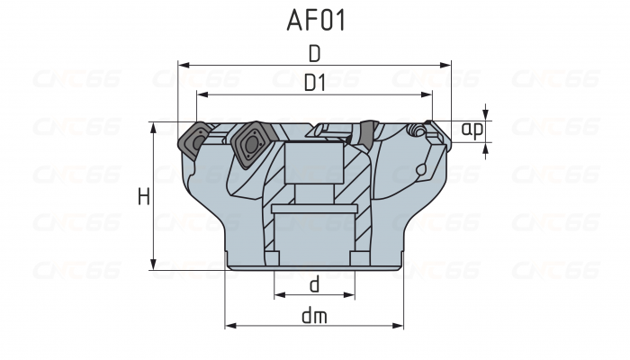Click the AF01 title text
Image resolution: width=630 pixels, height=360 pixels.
coord(314,20)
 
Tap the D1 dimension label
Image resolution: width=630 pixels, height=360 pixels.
coord(314,83)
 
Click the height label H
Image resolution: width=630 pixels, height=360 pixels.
coord(143,195)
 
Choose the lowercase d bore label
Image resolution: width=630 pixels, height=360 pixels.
coord(314,284)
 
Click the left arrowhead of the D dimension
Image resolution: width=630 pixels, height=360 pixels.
coord(183,65)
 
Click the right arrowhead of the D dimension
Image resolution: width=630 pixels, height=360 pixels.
coord(445,65)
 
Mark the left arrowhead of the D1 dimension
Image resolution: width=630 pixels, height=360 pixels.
coord(201,94)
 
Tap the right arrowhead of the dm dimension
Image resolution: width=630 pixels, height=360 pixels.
coord(400,326)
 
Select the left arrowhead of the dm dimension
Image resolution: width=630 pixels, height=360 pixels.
coord(229,326)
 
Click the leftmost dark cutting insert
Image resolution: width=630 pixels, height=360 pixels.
coord(194,139)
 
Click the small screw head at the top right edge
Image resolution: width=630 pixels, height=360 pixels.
coord(416,131)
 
